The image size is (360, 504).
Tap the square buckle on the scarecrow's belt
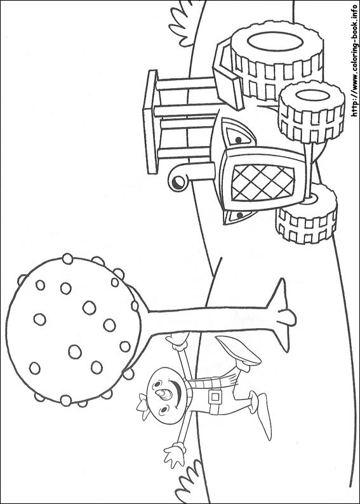215,397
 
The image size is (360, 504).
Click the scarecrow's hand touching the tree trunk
177,340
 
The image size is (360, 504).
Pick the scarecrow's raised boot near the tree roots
239,352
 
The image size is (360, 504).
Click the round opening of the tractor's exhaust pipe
177,183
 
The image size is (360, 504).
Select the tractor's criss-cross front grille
263,183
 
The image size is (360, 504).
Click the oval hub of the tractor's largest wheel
276,42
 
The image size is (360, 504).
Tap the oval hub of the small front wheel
312,95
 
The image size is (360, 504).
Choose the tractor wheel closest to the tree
306,213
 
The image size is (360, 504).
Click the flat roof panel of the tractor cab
150,122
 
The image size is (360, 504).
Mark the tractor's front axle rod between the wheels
308,171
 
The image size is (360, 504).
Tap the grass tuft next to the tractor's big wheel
183,25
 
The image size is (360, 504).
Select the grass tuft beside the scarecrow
189,481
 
